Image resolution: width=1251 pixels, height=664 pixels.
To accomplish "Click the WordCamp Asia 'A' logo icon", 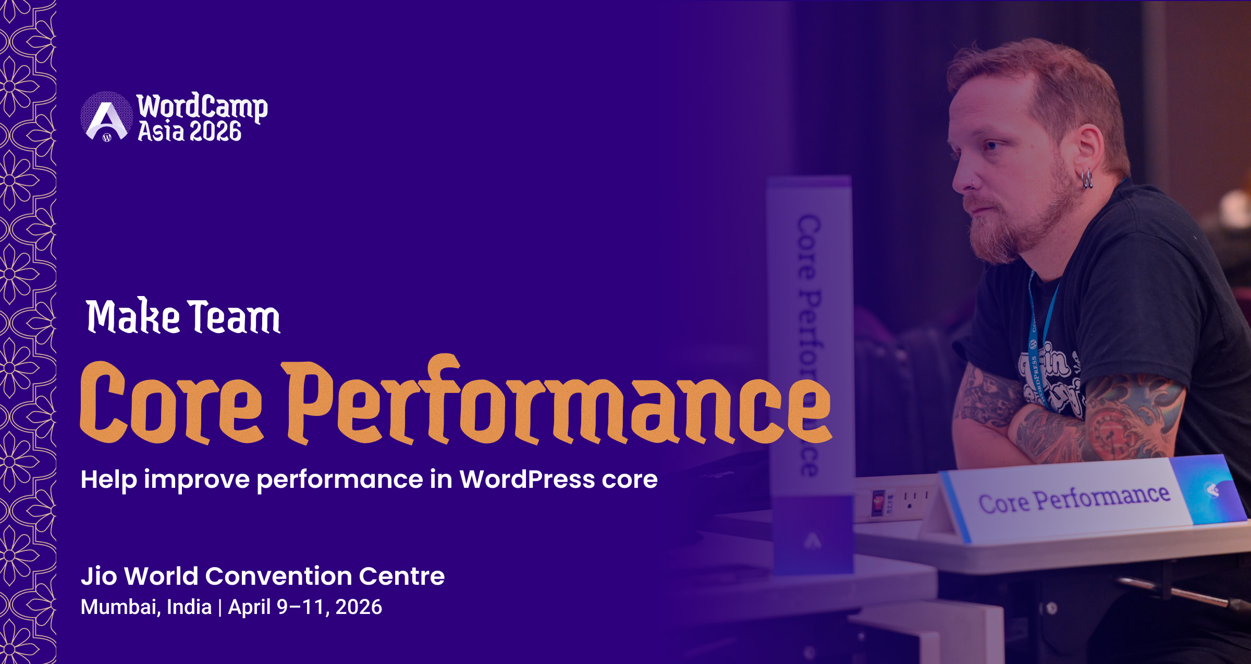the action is [106, 117].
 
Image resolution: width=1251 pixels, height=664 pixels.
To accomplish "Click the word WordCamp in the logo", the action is [202, 107].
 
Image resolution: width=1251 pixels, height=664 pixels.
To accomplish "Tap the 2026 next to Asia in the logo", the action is [215, 131].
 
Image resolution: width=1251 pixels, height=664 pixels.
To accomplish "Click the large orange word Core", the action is [171, 402].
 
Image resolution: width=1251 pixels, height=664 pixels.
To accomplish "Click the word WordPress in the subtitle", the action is [527, 479].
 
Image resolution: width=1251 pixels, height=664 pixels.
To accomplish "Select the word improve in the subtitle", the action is [197, 480].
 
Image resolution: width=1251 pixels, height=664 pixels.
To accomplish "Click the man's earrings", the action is [1087, 179].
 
